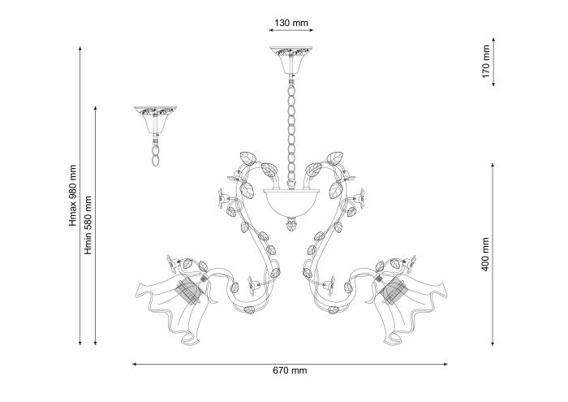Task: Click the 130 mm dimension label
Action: (291, 24)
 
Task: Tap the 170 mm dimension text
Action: (486, 62)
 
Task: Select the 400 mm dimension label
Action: (485, 254)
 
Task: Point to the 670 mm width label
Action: (290, 370)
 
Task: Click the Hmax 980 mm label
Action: (73, 196)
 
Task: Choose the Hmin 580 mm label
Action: (88, 225)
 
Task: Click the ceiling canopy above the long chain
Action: (290, 60)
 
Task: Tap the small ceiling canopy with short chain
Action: (156, 121)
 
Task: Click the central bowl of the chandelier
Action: (290, 202)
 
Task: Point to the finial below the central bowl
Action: (290, 224)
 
